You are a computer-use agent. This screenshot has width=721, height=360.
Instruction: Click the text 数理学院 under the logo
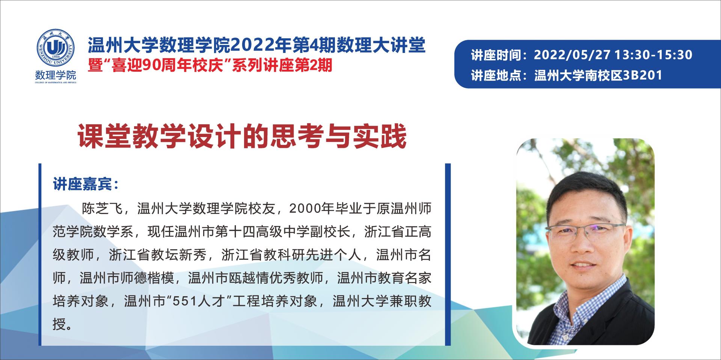56,75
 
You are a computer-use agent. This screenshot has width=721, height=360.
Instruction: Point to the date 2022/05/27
572,55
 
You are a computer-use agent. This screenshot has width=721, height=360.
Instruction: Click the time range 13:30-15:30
653,55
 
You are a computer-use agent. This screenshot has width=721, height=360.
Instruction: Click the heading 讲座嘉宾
82,185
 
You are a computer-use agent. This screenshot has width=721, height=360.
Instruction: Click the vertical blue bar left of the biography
40,255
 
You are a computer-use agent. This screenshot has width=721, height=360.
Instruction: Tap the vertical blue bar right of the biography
448,255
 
